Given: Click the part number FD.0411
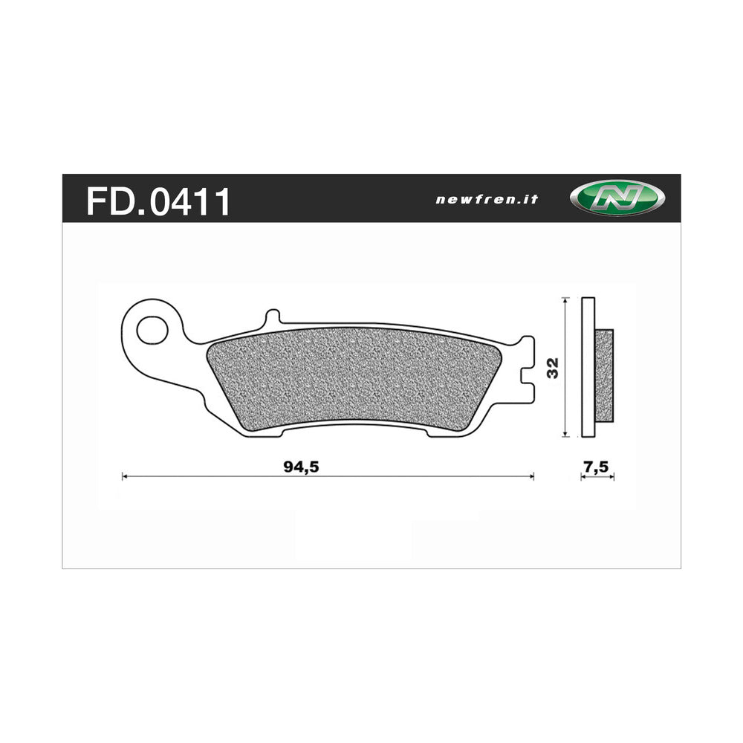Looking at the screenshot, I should (x=158, y=201).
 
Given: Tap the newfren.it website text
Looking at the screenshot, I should (x=486, y=200).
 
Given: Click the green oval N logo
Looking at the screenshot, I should (x=617, y=199).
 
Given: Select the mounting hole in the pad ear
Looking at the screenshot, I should (x=152, y=328).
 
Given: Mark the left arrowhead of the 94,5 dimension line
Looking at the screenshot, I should (x=125, y=476).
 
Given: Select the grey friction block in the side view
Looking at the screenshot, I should (x=605, y=375).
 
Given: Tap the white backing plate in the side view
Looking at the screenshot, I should (x=588, y=367).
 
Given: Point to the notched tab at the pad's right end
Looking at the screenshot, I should (x=526, y=367).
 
